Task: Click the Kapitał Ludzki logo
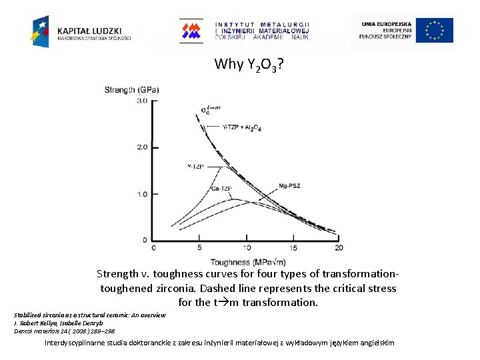click(x=80, y=31)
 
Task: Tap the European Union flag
click(x=435, y=31)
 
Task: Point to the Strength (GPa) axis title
click(x=132, y=89)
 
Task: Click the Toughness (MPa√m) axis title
click(x=245, y=261)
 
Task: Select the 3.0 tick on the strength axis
click(x=142, y=101)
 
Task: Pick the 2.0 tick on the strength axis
click(x=142, y=147)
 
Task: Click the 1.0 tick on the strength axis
click(x=142, y=194)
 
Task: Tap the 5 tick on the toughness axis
click(x=200, y=248)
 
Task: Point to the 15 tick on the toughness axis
click(x=293, y=248)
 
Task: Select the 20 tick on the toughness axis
click(x=339, y=248)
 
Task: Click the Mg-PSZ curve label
click(x=289, y=185)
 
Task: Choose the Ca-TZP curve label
click(x=221, y=189)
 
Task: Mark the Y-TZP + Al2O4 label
click(x=243, y=127)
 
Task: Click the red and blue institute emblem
click(x=192, y=31)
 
